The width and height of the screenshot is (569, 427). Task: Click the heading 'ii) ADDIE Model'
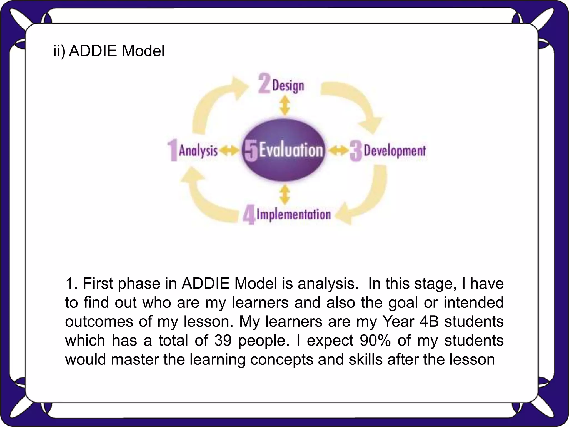(109, 51)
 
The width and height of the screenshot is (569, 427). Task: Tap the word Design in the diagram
(288, 86)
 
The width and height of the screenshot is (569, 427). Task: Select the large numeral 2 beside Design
(264, 83)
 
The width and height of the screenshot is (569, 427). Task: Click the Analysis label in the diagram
(198, 151)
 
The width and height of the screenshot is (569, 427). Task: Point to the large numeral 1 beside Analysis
(173, 150)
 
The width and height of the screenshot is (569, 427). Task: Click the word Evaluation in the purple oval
(291, 150)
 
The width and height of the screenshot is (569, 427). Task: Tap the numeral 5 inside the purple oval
(251, 151)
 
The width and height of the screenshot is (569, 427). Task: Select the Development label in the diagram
(395, 151)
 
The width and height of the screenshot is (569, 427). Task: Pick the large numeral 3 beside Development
(356, 151)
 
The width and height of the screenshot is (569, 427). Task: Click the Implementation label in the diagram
(294, 214)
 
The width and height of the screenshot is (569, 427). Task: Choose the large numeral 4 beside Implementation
(249, 216)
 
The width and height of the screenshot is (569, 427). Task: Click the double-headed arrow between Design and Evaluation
(284, 106)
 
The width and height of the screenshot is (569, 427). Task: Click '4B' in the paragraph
(429, 321)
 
